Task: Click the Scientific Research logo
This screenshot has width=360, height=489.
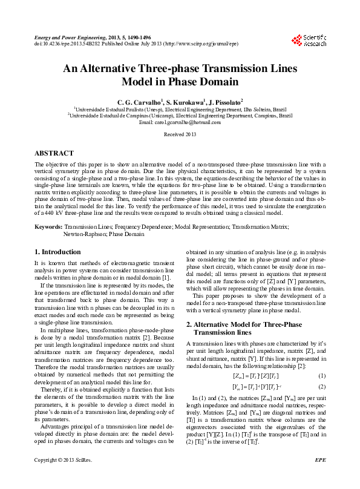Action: click(309, 41)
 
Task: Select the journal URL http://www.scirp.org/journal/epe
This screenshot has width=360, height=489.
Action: click(205, 44)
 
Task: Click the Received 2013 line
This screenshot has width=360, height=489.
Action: click(180, 134)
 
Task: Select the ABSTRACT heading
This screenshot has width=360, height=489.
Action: click(54, 153)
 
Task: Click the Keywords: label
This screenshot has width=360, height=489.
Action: click(49, 226)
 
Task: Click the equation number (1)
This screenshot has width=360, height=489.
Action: click(322, 376)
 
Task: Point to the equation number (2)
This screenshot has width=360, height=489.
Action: click(322, 386)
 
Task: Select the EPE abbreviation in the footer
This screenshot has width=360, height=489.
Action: click(320, 478)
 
